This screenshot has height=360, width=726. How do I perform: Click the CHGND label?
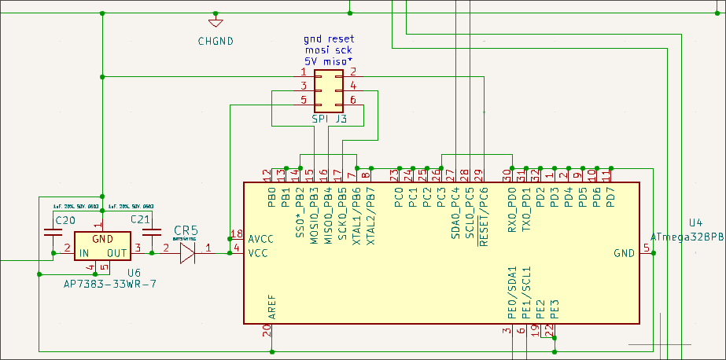(x=216, y=41)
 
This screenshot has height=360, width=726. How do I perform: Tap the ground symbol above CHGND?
(x=216, y=22)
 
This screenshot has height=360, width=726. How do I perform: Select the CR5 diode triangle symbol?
(x=187, y=252)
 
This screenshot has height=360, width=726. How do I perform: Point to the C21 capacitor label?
(x=141, y=219)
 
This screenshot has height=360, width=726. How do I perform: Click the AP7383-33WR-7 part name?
(x=109, y=283)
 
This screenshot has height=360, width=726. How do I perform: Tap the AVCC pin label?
(x=261, y=239)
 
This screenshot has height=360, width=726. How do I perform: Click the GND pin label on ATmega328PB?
(x=624, y=253)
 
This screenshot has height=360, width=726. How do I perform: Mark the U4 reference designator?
(x=697, y=223)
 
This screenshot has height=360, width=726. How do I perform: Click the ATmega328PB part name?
(x=687, y=237)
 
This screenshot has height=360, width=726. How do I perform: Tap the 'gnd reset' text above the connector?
(x=329, y=39)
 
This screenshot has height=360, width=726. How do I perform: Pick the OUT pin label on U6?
(x=117, y=253)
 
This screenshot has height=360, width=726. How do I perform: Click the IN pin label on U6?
(x=82, y=253)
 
